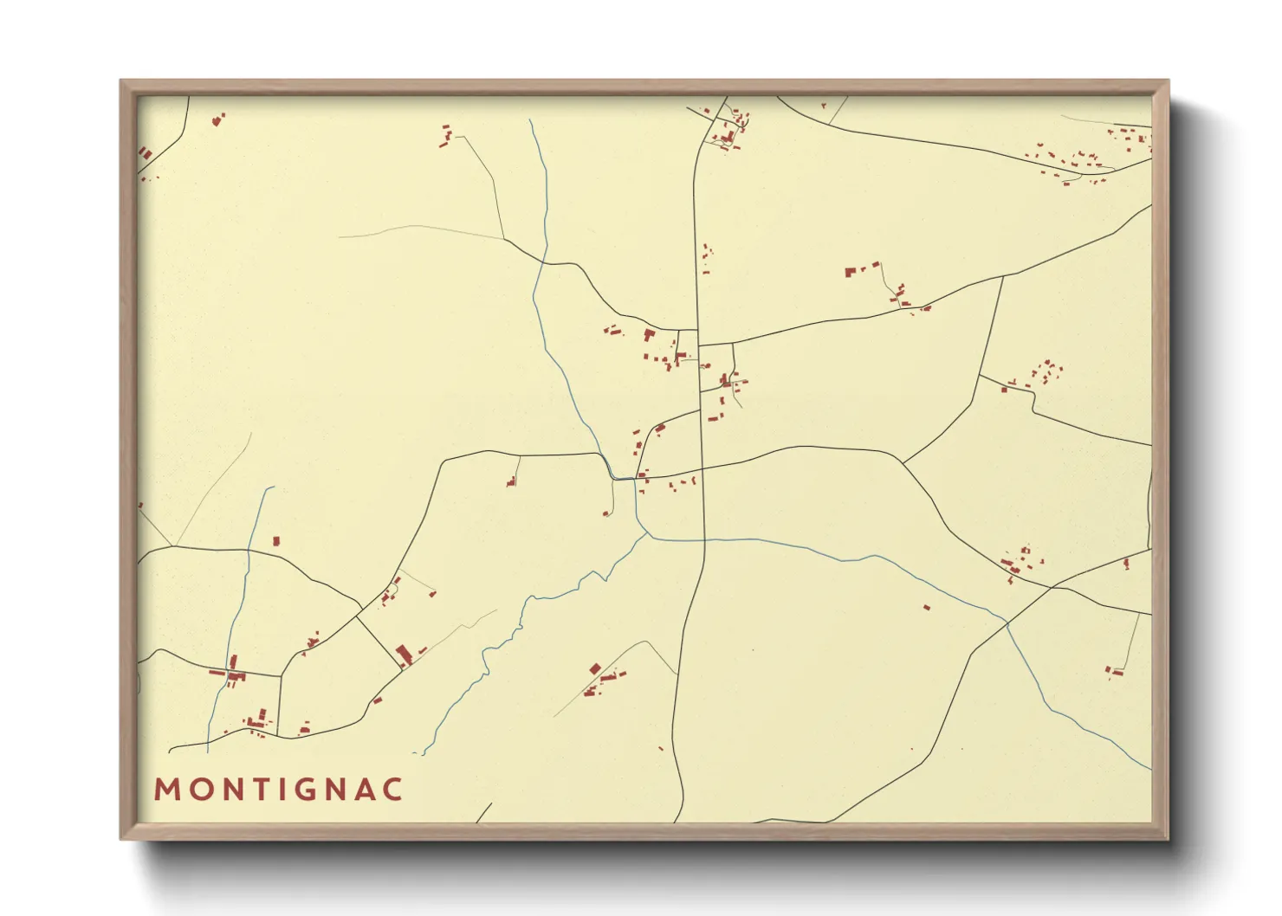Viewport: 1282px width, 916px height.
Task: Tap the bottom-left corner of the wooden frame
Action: pos(122,837)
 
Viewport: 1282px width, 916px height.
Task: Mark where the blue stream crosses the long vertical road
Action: pos(704,539)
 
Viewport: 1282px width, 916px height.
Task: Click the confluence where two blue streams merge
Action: pos(648,535)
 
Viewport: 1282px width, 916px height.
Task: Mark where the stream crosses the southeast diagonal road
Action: pos(1007,622)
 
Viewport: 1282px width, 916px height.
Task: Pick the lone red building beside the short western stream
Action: pos(276,541)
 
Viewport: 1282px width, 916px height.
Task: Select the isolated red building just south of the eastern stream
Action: pos(927,608)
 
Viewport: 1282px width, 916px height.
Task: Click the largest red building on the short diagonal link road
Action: pos(403,654)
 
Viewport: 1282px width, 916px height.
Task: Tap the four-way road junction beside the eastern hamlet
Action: pos(1052,588)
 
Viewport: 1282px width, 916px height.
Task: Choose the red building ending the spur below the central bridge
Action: pos(606,513)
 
